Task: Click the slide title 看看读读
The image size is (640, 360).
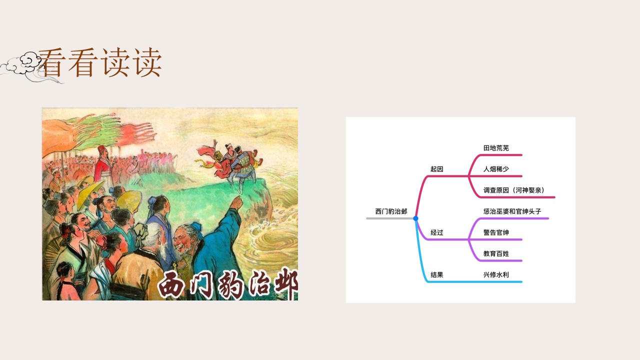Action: click(100, 62)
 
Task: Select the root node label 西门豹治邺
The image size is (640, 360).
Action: click(391, 211)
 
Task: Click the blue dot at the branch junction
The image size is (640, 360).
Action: click(415, 218)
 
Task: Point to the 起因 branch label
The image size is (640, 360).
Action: click(436, 169)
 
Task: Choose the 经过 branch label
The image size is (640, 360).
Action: click(436, 232)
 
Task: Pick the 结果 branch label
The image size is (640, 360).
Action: click(436, 275)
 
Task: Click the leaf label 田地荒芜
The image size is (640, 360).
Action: click(496, 148)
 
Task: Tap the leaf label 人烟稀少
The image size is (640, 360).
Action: click(496, 169)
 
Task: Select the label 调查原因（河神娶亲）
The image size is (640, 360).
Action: click(514, 190)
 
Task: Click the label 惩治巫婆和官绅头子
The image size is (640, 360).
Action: click(512, 211)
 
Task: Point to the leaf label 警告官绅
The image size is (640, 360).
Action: click(496, 232)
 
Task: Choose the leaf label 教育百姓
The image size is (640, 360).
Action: click(496, 253)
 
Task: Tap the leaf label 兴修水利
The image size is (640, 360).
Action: click(496, 275)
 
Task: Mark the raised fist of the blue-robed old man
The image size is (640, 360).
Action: click(236, 202)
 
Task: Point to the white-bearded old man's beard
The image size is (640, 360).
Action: click(163, 251)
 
